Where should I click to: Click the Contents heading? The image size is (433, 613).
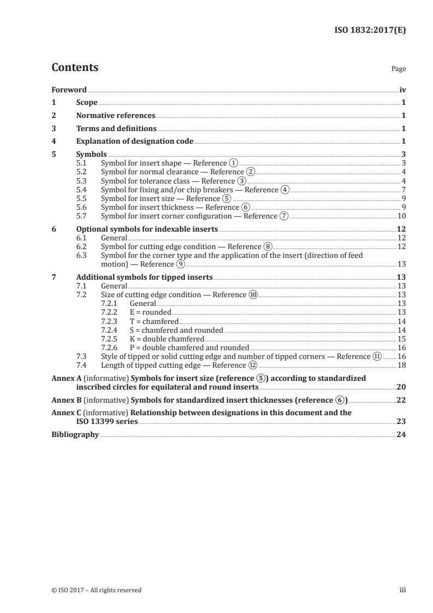(x=75, y=68)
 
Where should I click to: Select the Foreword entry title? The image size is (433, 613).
(x=69, y=90)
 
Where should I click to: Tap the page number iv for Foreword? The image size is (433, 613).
(x=402, y=90)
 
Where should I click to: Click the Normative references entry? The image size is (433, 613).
(x=116, y=116)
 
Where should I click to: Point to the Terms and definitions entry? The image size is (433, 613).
(x=116, y=129)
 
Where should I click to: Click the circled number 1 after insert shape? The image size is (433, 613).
(x=234, y=163)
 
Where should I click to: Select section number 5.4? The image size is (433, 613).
(x=81, y=190)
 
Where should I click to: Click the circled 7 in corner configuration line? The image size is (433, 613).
(x=283, y=216)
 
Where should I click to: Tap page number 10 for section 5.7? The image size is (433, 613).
(x=401, y=216)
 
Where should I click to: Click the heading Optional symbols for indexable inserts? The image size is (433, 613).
(x=147, y=229)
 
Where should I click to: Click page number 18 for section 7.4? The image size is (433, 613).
(x=401, y=365)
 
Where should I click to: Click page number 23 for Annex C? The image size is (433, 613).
(x=401, y=422)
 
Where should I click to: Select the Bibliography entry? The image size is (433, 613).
(x=75, y=435)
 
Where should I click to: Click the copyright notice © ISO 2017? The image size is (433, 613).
(x=97, y=590)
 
